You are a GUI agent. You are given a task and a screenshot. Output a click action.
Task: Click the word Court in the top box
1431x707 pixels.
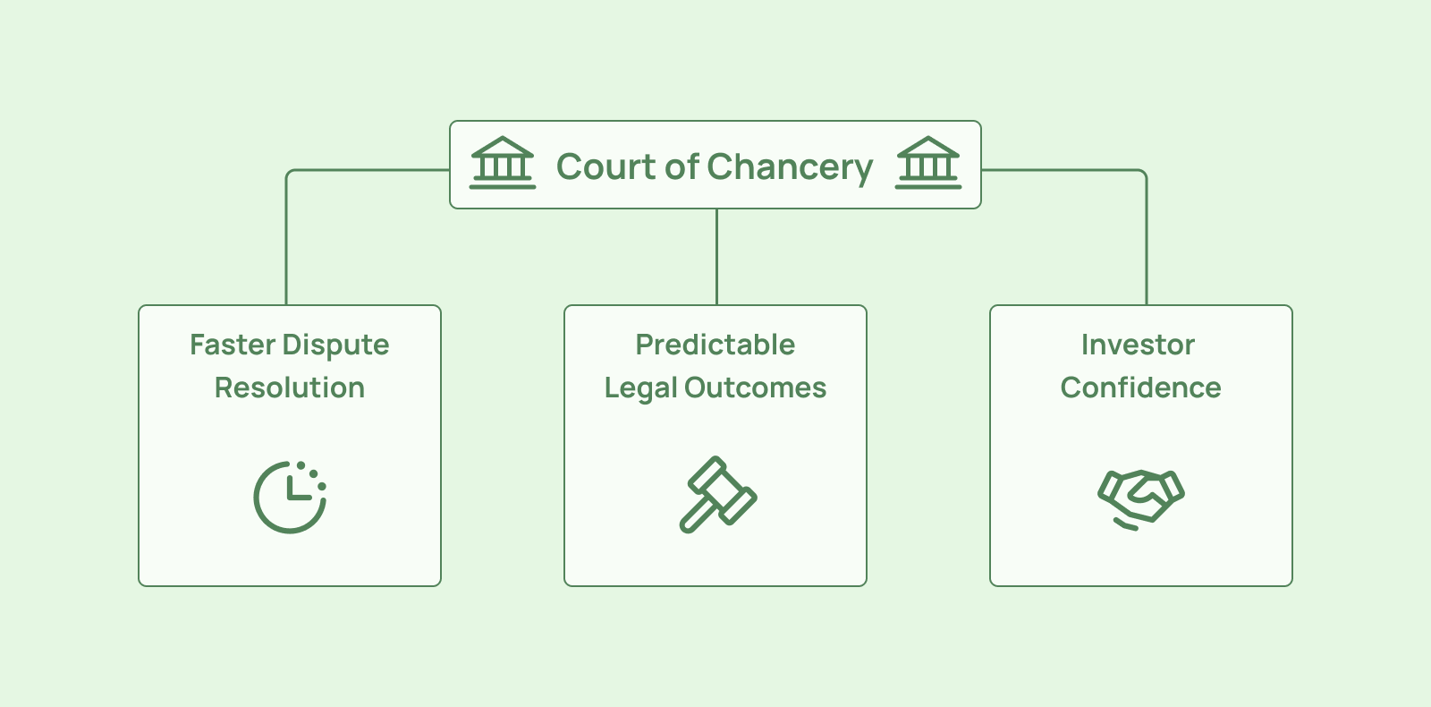pyautogui.click(x=606, y=166)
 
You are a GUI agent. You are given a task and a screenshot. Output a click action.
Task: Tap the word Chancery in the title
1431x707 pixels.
pyautogui.click(x=790, y=167)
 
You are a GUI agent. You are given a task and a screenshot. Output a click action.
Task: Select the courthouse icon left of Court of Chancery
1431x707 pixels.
pyautogui.click(x=503, y=163)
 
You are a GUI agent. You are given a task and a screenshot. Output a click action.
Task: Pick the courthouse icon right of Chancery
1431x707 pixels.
pyautogui.click(x=928, y=163)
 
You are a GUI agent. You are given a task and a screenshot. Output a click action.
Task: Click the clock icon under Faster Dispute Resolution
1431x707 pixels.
pyautogui.click(x=290, y=497)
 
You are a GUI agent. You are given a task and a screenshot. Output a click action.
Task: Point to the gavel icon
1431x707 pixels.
pyautogui.click(x=717, y=494)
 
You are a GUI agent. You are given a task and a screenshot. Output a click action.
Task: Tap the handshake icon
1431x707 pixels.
pyautogui.click(x=1140, y=498)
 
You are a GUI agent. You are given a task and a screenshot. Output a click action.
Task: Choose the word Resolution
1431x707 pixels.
pyautogui.click(x=290, y=388)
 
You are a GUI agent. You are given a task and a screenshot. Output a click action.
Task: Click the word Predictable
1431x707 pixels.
pyautogui.click(x=715, y=345)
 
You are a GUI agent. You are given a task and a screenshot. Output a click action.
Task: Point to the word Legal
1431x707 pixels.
pyautogui.click(x=640, y=388)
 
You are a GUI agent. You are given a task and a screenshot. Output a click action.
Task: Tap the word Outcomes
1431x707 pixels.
pyautogui.click(x=755, y=388)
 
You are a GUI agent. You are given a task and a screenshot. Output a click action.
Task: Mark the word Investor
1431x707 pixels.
pyautogui.click(x=1138, y=345)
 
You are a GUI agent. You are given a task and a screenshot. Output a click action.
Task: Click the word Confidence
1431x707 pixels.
pyautogui.click(x=1140, y=388)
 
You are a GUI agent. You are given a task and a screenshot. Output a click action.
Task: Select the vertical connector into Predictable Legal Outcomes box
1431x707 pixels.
pyautogui.click(x=716, y=257)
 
